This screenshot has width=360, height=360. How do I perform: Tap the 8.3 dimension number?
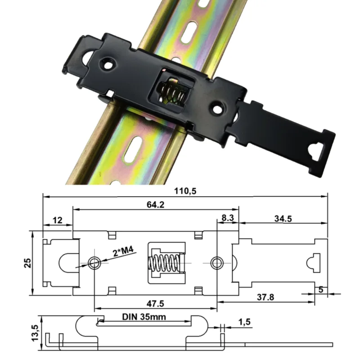(227, 218)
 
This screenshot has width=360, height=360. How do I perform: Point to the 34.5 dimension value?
(283, 219)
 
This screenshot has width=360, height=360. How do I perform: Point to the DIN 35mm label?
(144, 317)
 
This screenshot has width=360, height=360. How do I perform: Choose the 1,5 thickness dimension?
(244, 322)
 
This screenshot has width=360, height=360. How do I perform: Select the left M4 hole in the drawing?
(94, 263)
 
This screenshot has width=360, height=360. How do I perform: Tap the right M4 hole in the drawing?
(216, 262)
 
